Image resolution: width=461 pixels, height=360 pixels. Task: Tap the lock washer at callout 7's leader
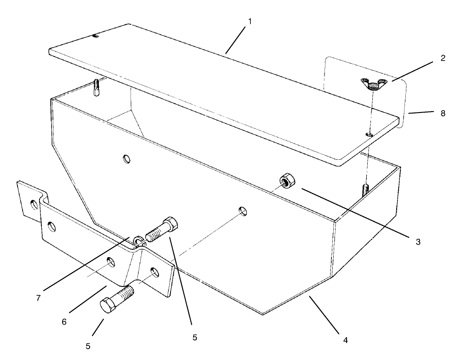pyautogui.click(x=137, y=240)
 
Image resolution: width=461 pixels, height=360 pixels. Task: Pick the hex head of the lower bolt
pyautogui.click(x=108, y=305)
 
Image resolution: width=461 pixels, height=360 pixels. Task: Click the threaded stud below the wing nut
pyautogui.click(x=367, y=189)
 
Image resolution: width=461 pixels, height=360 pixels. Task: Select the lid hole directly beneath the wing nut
pyautogui.click(x=368, y=135)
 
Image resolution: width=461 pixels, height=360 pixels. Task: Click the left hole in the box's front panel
pyautogui.click(x=126, y=159)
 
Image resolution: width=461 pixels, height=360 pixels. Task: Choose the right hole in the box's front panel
pyautogui.click(x=242, y=211)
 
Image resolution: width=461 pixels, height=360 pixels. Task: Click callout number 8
pyautogui.click(x=443, y=113)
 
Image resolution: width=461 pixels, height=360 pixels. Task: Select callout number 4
pyautogui.click(x=345, y=341)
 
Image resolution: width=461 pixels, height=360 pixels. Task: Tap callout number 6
pyautogui.click(x=64, y=322)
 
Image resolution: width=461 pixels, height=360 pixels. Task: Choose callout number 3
pyautogui.click(x=418, y=242)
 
